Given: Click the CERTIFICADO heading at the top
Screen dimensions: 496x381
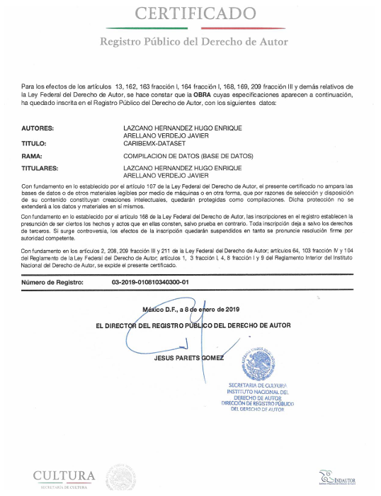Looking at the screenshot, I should pyautogui.click(x=196, y=13).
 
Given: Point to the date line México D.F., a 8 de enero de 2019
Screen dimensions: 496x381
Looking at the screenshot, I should pyautogui.click(x=200, y=310).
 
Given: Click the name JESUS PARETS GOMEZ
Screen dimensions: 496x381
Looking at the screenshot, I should pyautogui.click(x=188, y=357).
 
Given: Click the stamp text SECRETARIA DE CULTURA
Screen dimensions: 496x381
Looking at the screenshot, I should pyautogui.click(x=256, y=385).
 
